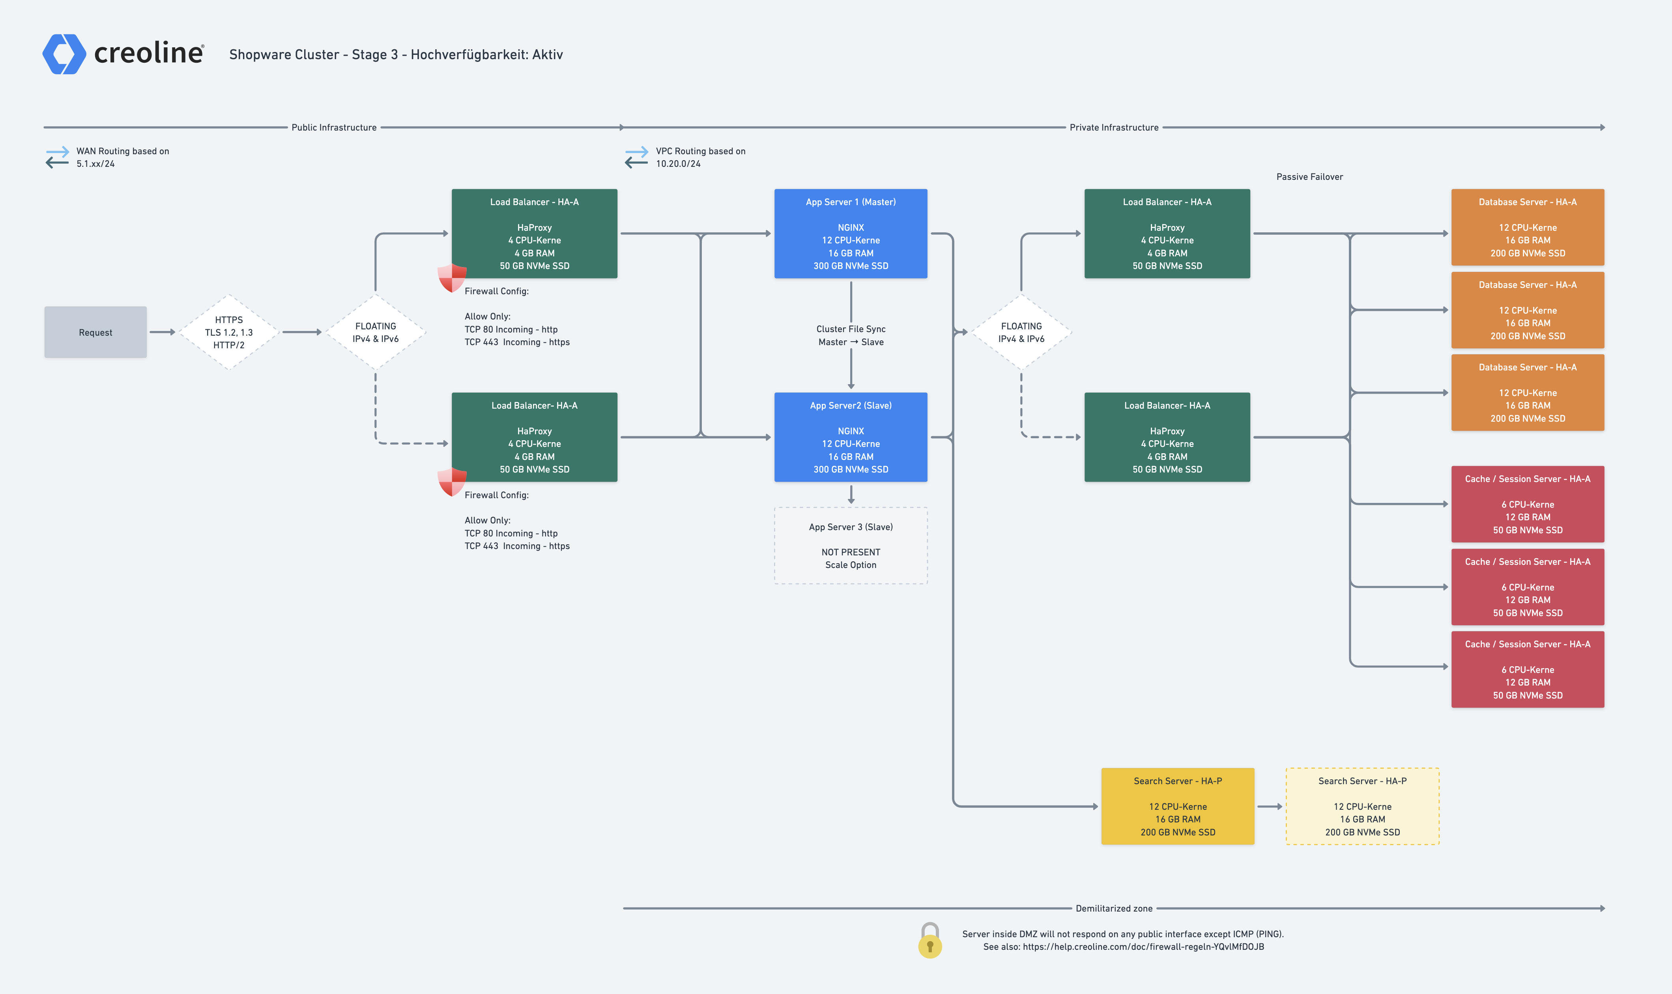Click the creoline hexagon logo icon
(64, 54)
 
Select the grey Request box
(96, 332)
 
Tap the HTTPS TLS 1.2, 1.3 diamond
(229, 332)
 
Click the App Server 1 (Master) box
(851, 234)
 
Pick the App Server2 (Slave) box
(851, 437)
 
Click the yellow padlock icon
(930, 940)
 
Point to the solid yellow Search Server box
(1178, 807)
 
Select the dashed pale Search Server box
(1363, 807)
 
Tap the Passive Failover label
(1309, 177)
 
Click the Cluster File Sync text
(851, 329)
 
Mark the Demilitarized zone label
(1114, 908)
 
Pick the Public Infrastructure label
(334, 127)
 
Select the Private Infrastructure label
(1114, 127)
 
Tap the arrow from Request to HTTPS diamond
(162, 332)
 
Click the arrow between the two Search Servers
(1270, 807)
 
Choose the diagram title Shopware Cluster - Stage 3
(396, 54)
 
